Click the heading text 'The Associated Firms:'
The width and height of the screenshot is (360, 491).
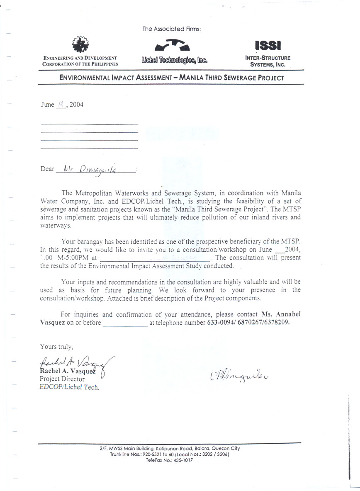pos(172,29)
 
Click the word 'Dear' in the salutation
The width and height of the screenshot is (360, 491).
pos(47,169)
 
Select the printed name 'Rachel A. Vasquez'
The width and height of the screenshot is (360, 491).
pos(69,371)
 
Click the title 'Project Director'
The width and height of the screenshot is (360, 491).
pos(62,379)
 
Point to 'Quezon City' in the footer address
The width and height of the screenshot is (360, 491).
pos(225,448)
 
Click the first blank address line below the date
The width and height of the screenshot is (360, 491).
pos(90,124)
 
